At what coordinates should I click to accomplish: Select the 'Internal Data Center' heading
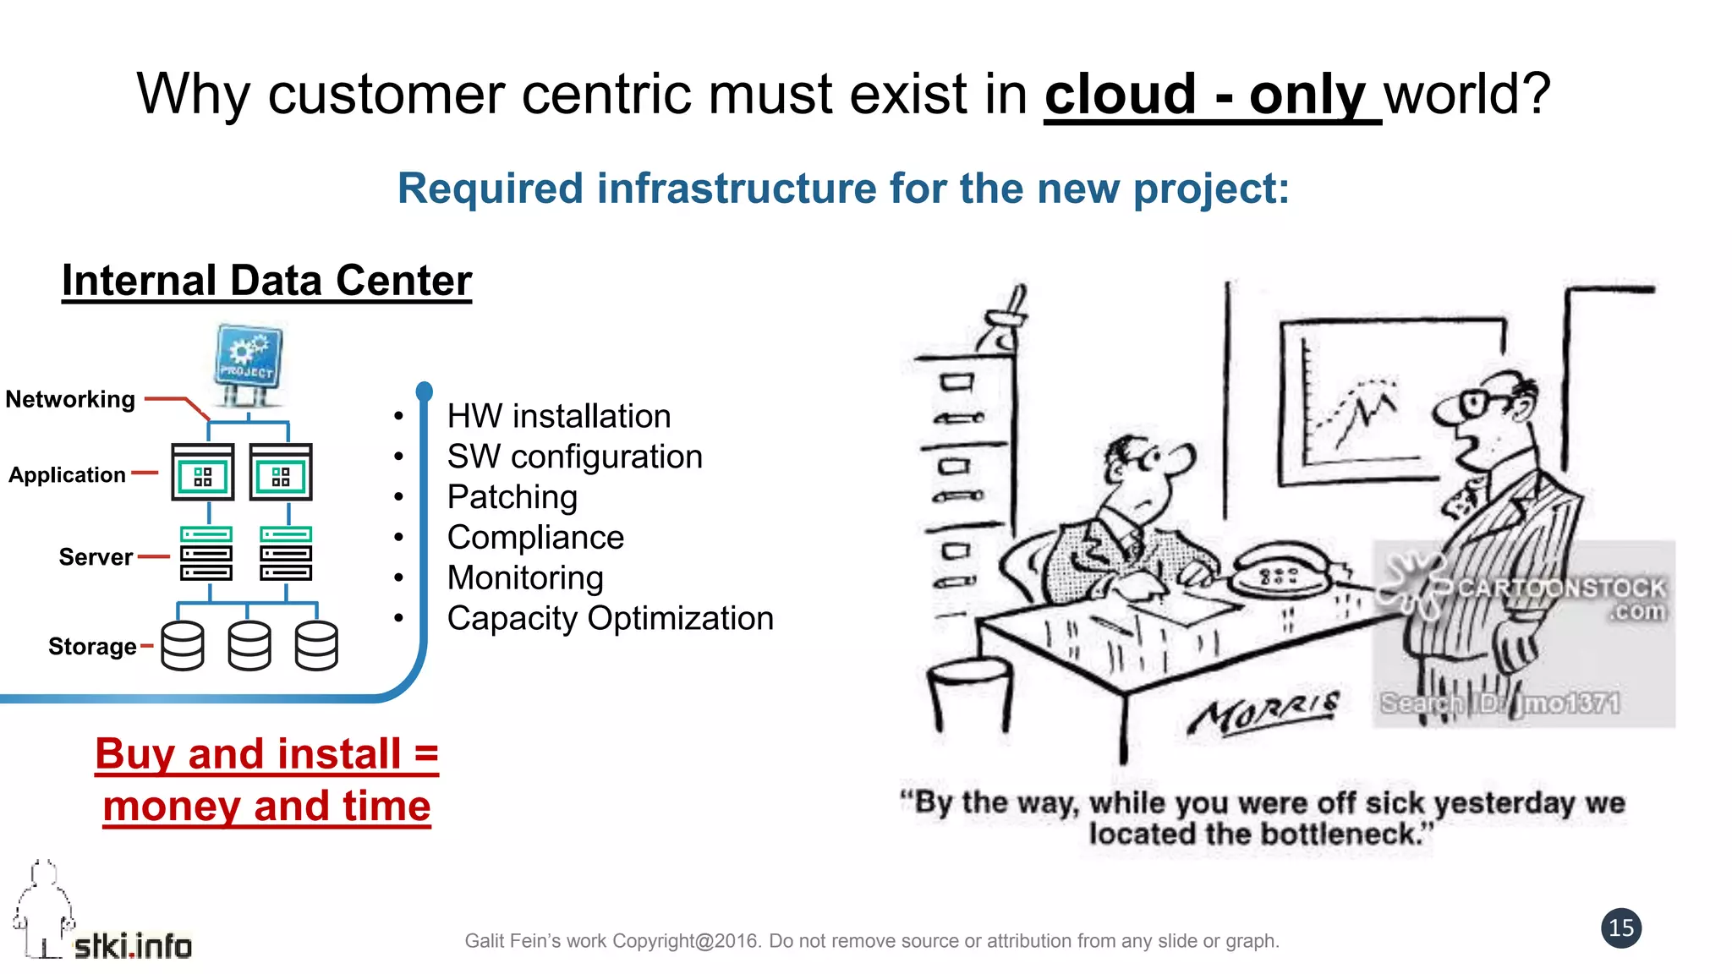tap(266, 281)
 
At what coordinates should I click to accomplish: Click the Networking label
tap(70, 399)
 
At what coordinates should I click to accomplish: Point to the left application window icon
tap(203, 472)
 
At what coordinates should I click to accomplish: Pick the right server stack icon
tap(286, 554)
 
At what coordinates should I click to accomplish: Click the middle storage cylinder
tap(249, 646)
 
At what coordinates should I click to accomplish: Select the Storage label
tap(92, 647)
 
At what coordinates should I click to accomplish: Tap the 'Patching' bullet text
tap(512, 497)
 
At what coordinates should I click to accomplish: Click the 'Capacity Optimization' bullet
tap(610, 618)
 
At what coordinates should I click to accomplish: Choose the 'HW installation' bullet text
tap(558, 416)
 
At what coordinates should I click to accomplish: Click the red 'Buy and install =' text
tap(266, 753)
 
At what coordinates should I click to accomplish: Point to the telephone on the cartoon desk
tap(1280, 572)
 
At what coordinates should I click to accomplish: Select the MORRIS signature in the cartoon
tap(1263, 711)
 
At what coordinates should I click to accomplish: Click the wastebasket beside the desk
tap(970, 689)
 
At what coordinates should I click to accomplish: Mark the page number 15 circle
tap(1620, 928)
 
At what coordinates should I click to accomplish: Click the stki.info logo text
tap(133, 946)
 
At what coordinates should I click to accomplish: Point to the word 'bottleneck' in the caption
tap(1335, 834)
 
